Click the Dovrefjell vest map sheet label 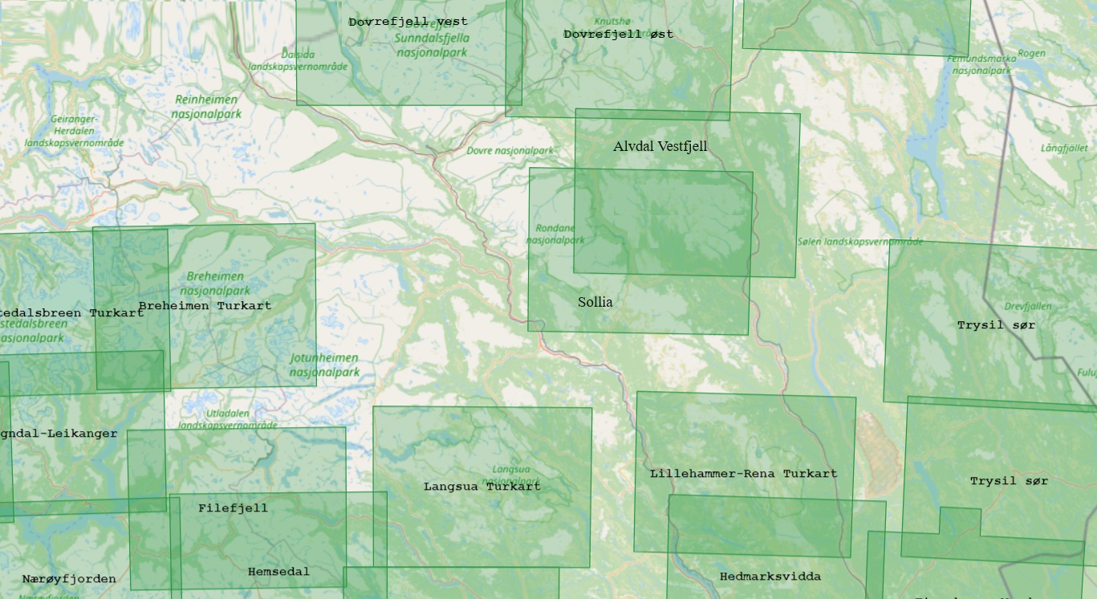pos(408,22)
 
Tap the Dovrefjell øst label pos(618,35)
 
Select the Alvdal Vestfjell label pos(660,146)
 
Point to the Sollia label pos(595,302)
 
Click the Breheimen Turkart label pos(205,306)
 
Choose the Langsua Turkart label pos(481,487)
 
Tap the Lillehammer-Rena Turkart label pos(743,474)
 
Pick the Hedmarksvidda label pos(770,577)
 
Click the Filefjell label pos(233,508)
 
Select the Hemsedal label pos(278,572)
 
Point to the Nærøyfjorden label pos(69,579)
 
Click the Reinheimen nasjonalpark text pos(206,107)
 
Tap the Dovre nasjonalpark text pos(510,151)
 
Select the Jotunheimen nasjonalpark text pos(324,365)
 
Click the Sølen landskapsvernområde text pos(859,241)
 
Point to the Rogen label pos(1031,54)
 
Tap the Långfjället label pos(1064,148)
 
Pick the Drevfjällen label pos(1027,307)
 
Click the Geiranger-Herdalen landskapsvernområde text pos(74,131)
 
